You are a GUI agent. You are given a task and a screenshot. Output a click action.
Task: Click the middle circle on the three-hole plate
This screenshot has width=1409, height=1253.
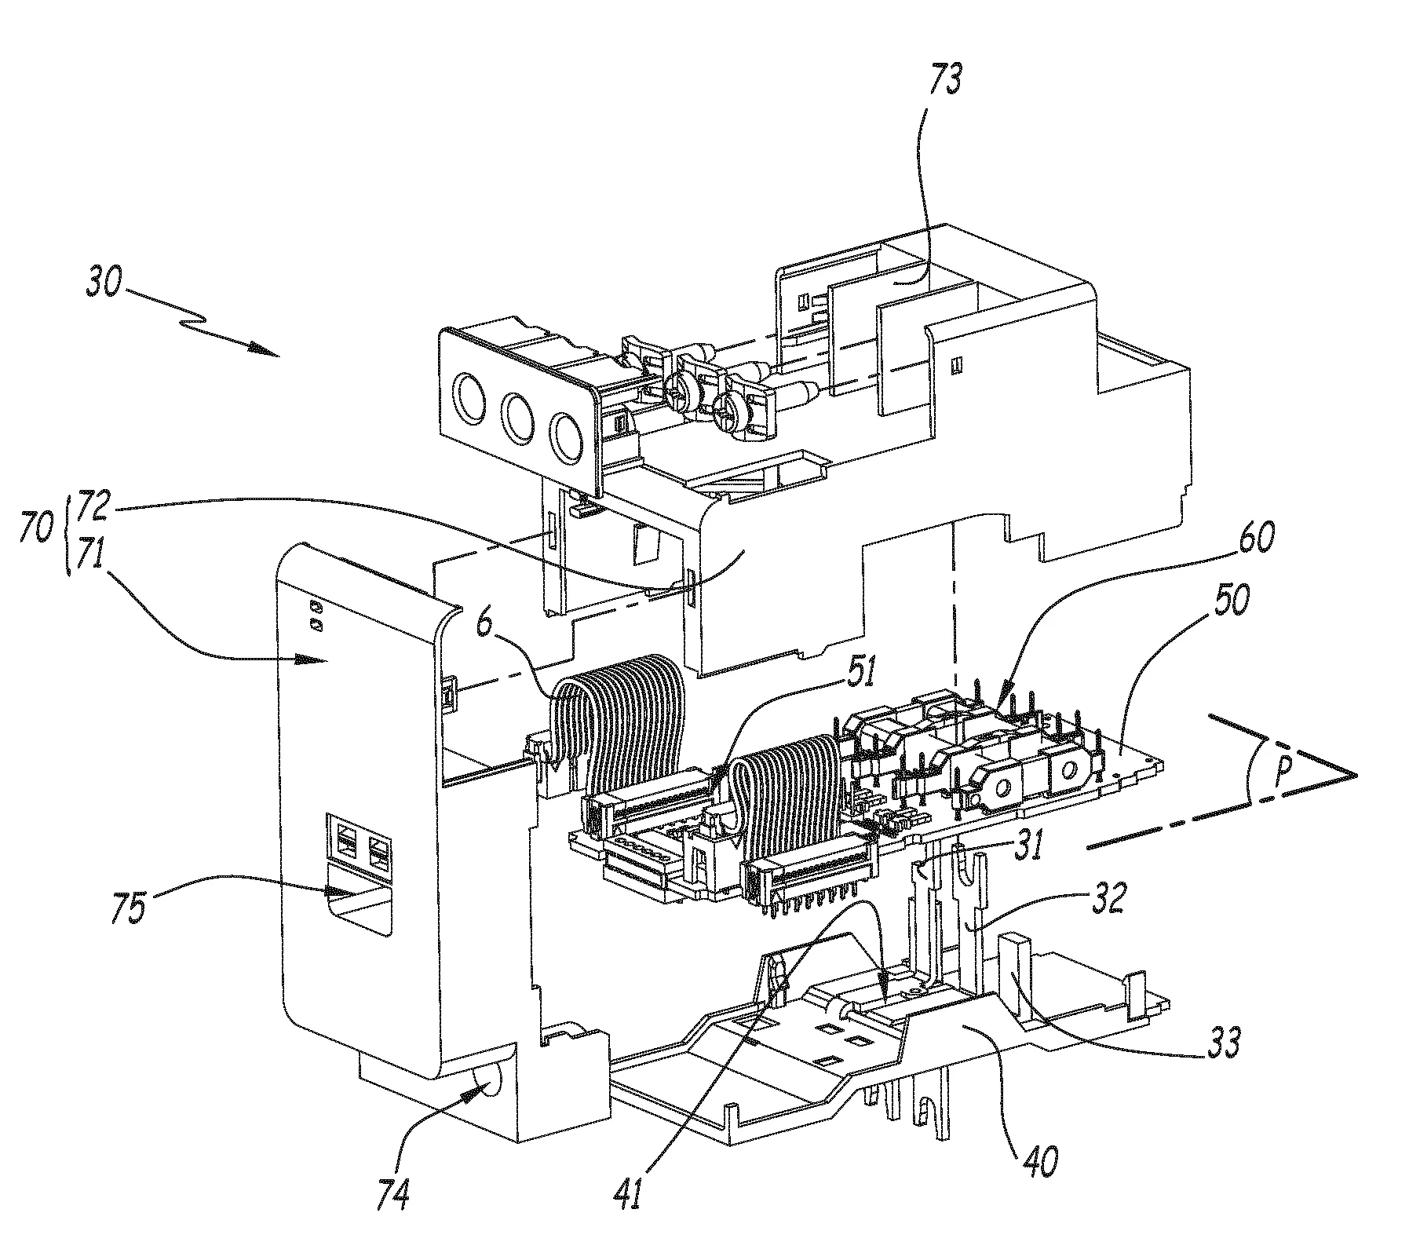tap(517, 418)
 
